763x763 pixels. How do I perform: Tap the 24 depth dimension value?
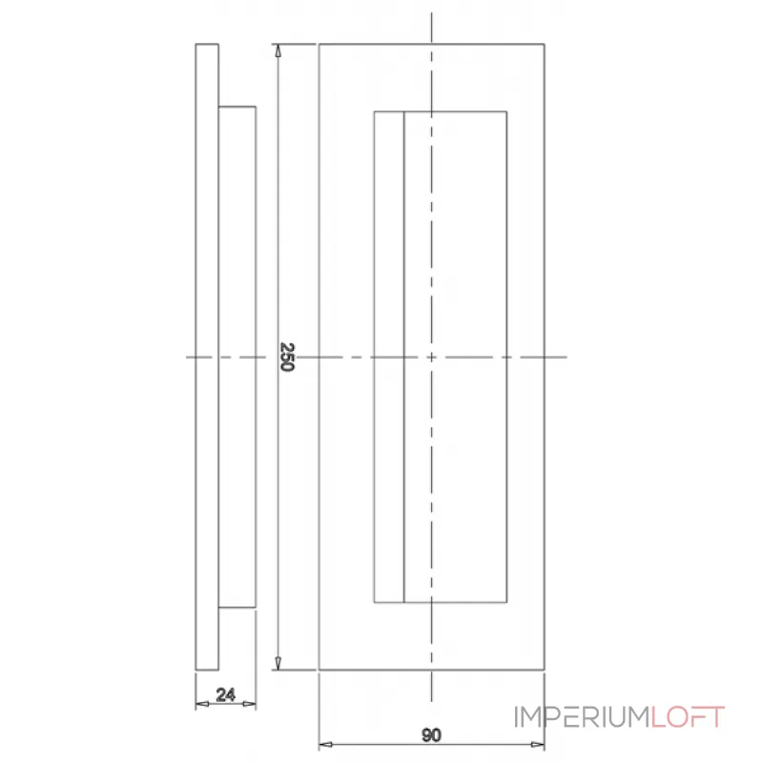coord(226,695)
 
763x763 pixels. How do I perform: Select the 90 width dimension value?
coord(431,734)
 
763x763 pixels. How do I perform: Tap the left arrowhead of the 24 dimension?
coord(200,705)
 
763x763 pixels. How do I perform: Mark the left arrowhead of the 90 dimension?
coord(325,745)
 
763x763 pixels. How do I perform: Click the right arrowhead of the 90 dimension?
coord(539,745)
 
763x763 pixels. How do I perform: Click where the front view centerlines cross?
coord(432,358)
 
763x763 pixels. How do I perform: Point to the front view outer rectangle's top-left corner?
coord(319,44)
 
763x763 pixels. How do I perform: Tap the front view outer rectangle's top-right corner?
coord(546,44)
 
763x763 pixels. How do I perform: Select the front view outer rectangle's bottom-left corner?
coord(319,670)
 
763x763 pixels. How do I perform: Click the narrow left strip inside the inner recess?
coord(389,358)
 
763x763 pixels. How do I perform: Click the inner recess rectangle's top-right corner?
coord(506,112)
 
